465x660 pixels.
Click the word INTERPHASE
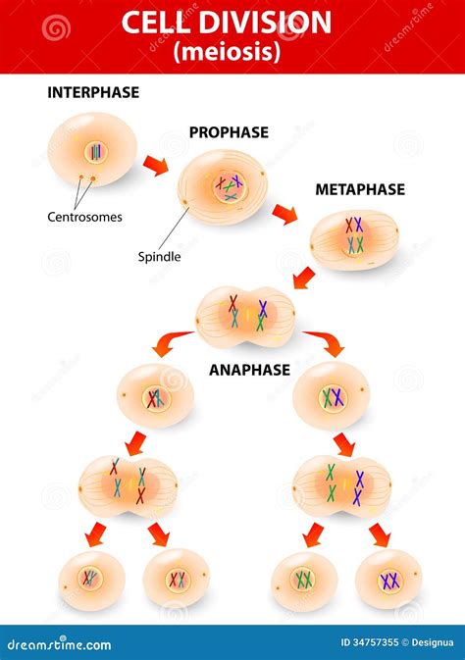point(93,92)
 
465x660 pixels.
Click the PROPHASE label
point(229,132)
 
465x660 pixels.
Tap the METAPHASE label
point(360,190)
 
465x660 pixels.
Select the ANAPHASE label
point(249,370)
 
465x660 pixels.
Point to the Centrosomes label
point(84,217)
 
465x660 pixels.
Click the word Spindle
point(159,257)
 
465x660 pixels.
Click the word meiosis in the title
point(227,52)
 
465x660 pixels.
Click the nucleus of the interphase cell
point(96,152)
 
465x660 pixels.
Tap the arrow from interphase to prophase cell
point(155,165)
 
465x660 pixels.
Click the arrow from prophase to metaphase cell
point(284,214)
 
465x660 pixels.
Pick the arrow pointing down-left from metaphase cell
point(304,279)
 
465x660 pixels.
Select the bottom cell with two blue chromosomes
point(388,580)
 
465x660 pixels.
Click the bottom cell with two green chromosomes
point(304,581)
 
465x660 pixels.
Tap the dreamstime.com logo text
point(59,644)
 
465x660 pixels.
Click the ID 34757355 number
point(370,642)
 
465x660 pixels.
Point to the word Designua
point(433,642)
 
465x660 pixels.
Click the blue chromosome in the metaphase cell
point(358,225)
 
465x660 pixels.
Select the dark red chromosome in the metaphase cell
point(349,226)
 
